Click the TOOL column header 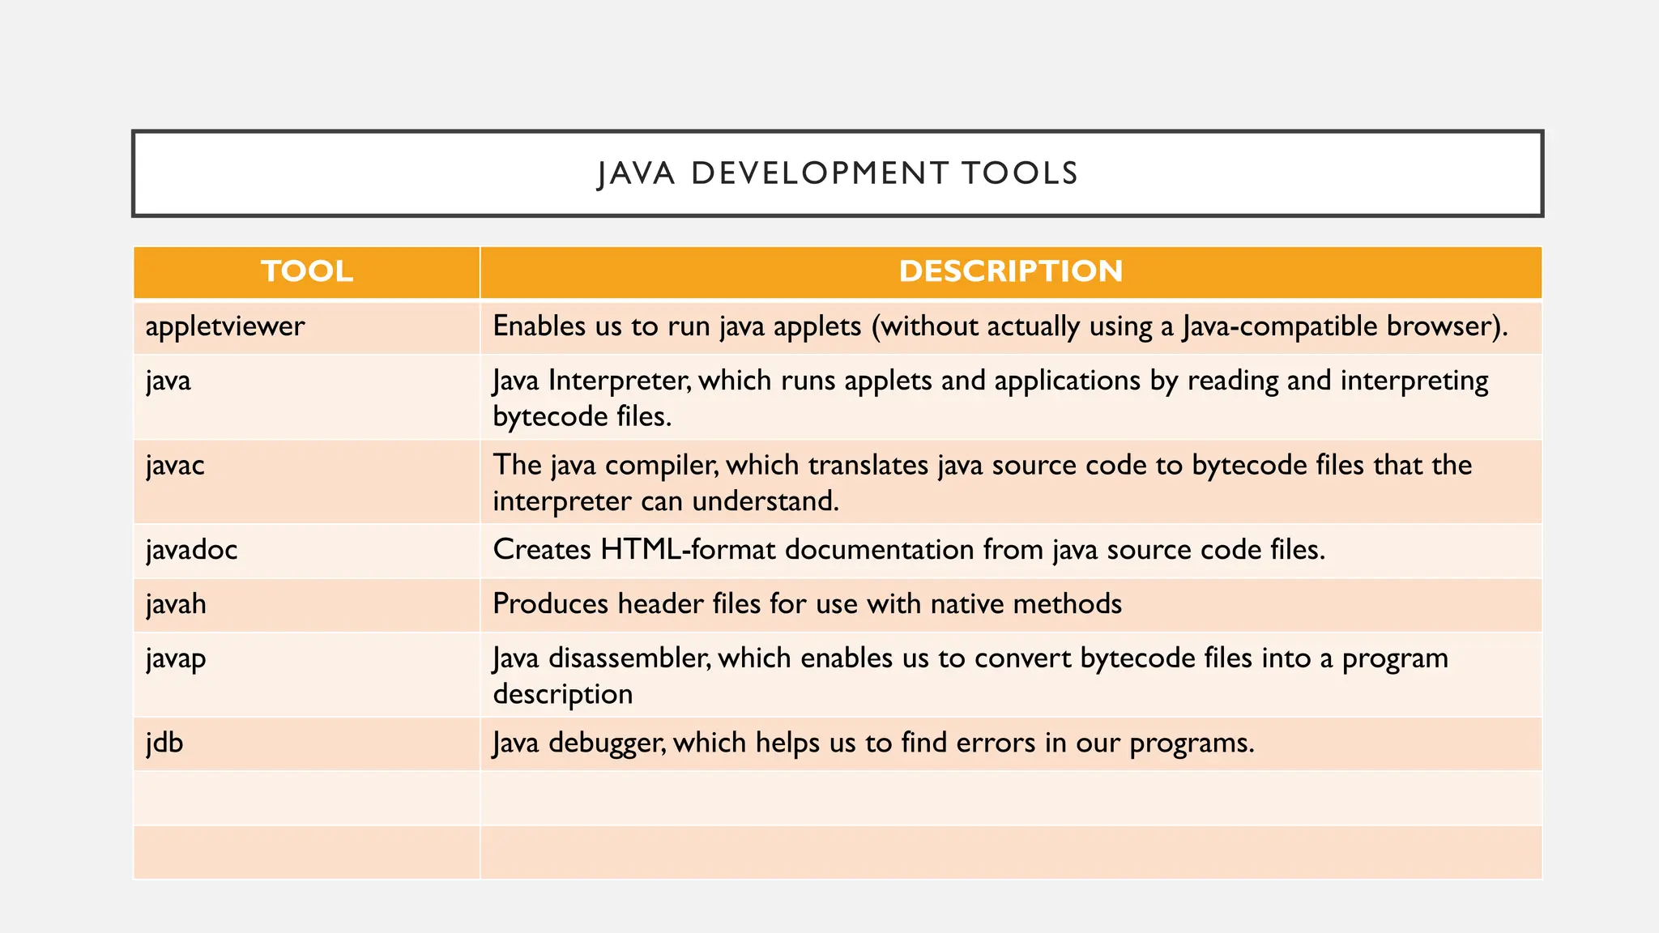(307, 271)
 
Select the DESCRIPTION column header (1010, 271)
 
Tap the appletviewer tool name (225, 326)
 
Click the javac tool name (175, 466)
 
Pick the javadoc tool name (191, 550)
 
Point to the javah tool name (176, 604)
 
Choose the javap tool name (176, 658)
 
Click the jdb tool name (164, 743)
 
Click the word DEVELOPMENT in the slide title (820, 173)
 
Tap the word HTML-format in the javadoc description (689, 550)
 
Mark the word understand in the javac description (765, 501)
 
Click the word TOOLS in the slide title (1020, 173)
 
